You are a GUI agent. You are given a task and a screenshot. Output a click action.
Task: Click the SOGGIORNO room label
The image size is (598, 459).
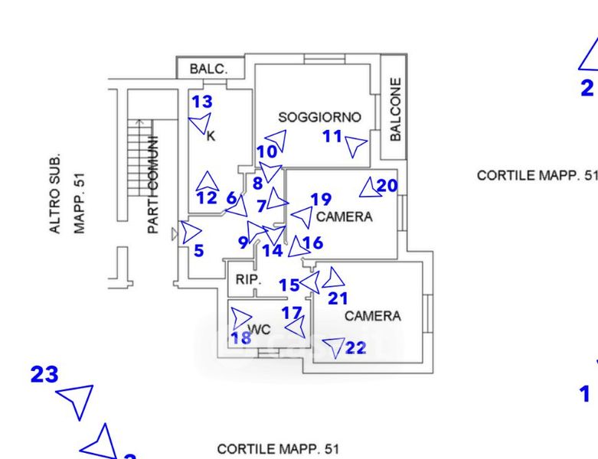tap(319, 118)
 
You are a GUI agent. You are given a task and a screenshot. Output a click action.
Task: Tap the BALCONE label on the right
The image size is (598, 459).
tap(395, 109)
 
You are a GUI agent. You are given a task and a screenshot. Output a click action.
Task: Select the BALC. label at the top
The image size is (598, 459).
tap(208, 69)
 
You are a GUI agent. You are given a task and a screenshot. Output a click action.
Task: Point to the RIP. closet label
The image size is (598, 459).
tap(247, 280)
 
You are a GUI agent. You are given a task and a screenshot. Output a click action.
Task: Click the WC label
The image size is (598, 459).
tap(260, 330)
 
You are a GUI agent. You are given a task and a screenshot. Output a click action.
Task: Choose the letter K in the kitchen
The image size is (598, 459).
tap(211, 137)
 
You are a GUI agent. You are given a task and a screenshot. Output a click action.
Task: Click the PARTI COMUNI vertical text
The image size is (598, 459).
tap(153, 184)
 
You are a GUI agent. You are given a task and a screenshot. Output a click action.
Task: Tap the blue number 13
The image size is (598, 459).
tap(201, 102)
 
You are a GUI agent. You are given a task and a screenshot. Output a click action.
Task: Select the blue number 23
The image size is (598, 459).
tap(44, 375)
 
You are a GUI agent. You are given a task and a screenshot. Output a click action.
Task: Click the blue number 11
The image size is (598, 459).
tap(332, 136)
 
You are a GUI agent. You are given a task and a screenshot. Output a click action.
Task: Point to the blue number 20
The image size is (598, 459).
tap(387, 185)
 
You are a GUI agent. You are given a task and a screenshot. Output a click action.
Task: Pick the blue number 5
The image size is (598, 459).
tap(198, 250)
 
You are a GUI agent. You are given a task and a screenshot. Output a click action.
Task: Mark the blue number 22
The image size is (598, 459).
tap(356, 347)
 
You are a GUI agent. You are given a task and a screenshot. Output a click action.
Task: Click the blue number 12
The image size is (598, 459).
tap(206, 198)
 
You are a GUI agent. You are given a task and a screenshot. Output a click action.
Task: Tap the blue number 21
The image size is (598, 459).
tap(338, 298)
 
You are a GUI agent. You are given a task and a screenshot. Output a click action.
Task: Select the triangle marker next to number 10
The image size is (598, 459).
tap(276, 141)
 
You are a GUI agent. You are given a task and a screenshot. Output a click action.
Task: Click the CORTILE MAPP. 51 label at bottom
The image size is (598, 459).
tap(277, 448)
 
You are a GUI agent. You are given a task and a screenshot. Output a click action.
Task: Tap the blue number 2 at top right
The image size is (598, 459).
tap(587, 88)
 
